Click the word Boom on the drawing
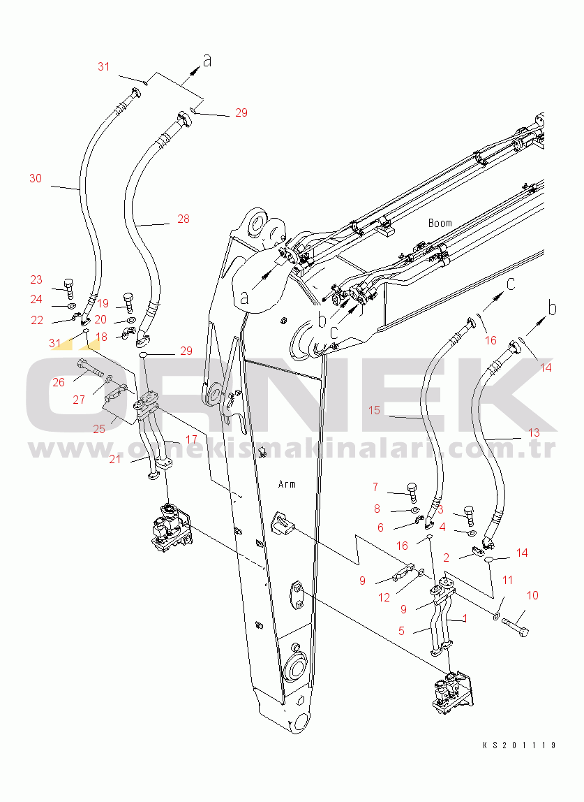(x=440, y=223)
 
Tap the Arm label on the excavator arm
(x=287, y=483)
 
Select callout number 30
(x=36, y=178)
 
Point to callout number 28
(x=183, y=219)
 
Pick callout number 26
(x=59, y=382)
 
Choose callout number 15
(x=374, y=410)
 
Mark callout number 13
(x=533, y=432)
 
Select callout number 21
(x=115, y=459)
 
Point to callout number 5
(x=401, y=631)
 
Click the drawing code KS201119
(x=520, y=745)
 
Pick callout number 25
(x=99, y=429)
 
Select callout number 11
(x=508, y=580)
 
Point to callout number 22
(x=37, y=321)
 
